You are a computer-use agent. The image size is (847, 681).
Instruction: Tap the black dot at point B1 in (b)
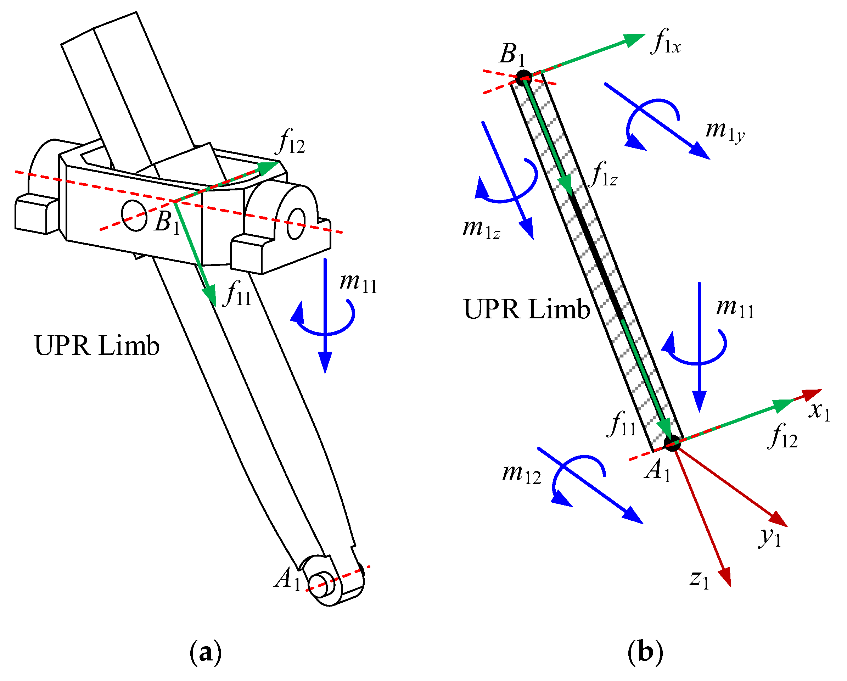(x=524, y=78)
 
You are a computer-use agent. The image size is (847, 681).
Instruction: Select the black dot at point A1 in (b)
(x=672, y=443)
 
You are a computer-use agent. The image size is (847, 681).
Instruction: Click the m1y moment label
(x=725, y=132)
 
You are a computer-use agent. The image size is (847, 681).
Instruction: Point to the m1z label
(x=481, y=229)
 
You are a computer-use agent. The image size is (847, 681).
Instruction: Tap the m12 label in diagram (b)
(x=522, y=474)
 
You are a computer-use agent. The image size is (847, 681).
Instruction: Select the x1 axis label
(x=819, y=412)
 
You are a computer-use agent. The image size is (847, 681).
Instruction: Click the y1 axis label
(x=770, y=537)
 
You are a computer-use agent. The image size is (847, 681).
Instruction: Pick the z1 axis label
(x=700, y=580)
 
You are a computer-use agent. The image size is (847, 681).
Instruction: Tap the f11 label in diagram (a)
(x=238, y=294)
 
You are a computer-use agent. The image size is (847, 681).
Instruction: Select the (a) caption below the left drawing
(x=206, y=653)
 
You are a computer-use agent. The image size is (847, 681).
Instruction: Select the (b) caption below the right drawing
(x=645, y=653)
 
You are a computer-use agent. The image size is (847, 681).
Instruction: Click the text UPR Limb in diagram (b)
(x=526, y=309)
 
